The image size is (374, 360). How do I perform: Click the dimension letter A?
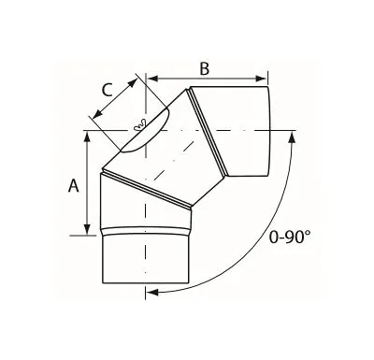74,186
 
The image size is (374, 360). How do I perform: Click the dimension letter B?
205,68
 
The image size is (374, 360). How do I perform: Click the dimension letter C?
108,91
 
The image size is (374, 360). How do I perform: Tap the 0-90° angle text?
290,238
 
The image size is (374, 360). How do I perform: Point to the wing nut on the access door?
139,124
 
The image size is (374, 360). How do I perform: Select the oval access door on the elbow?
145,130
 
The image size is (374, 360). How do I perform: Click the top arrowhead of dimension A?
88,137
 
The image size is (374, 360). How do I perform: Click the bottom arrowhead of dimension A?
88,229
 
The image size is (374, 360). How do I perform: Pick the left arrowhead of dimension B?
152,79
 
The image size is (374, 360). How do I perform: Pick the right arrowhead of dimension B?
261,79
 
